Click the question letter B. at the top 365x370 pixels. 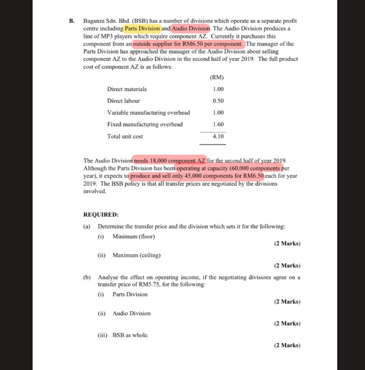72,21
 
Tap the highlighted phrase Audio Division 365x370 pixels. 191,28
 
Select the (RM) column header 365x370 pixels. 217,77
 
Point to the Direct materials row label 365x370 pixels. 127,89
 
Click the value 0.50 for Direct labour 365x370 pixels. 218,101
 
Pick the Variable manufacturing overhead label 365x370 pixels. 148,113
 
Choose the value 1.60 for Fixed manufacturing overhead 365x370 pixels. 218,124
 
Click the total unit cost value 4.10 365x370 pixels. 218,137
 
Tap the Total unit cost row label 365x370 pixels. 125,137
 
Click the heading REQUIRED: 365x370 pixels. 101,215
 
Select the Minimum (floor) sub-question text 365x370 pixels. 134,236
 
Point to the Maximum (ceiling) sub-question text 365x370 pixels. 137,255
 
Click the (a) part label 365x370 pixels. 87,226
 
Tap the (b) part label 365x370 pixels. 87,277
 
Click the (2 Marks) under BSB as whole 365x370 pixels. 287,345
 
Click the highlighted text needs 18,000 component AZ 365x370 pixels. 169,161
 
